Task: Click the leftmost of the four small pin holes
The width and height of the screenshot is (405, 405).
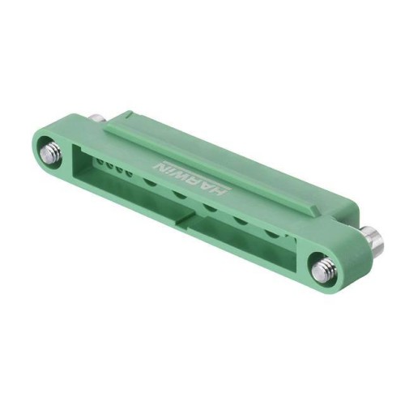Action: [x=100, y=163]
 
